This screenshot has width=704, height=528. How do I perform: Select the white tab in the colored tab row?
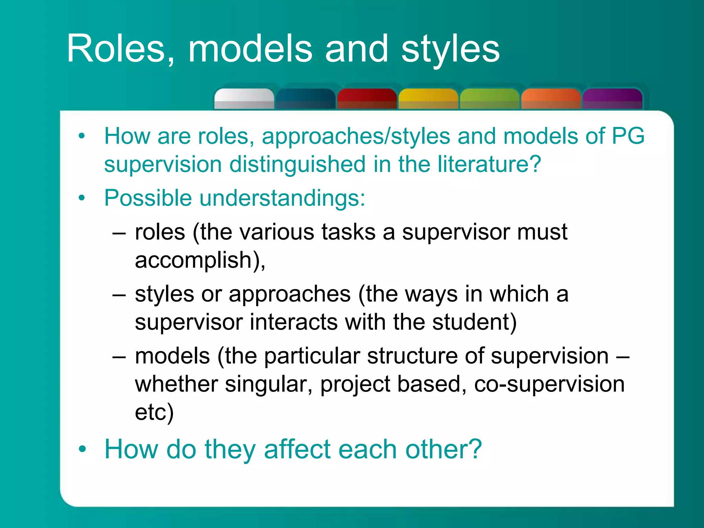click(244, 99)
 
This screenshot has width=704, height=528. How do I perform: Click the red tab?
click(367, 99)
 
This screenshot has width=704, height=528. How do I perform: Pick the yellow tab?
click(428, 99)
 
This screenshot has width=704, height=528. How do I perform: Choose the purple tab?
click(613, 99)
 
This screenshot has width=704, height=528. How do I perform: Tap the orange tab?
click(551, 99)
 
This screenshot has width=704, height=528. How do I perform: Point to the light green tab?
click(489, 99)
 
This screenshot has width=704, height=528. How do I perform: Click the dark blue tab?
click(305, 99)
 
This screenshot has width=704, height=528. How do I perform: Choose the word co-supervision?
click(549, 384)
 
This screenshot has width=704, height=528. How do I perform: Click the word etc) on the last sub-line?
click(154, 412)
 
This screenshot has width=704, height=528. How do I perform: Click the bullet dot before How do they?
click(82, 449)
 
